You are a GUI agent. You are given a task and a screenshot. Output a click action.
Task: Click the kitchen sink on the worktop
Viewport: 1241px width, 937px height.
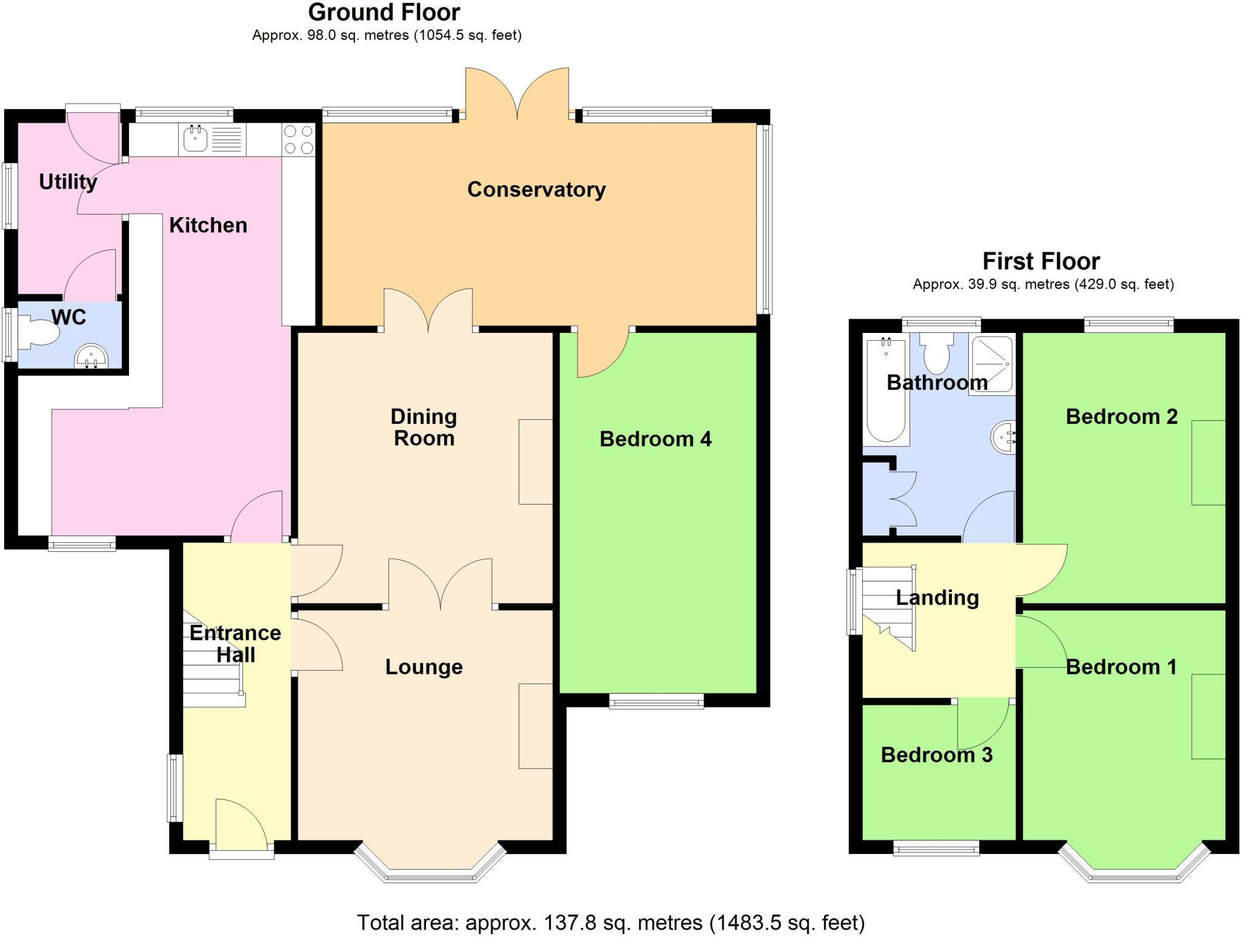[x=196, y=139]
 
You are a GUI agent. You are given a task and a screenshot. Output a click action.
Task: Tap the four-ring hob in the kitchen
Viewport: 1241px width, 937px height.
[x=299, y=139]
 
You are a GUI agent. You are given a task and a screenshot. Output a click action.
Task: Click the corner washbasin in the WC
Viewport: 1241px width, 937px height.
[x=91, y=357]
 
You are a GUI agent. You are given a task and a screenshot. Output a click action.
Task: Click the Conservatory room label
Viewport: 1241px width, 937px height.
[x=536, y=190]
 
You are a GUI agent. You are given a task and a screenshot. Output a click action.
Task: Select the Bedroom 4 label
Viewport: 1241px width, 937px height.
[x=655, y=439]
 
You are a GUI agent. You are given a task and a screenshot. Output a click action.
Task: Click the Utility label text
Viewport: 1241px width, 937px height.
[x=68, y=181]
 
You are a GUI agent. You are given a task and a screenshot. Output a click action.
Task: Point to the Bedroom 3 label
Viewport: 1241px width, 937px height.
[x=936, y=755]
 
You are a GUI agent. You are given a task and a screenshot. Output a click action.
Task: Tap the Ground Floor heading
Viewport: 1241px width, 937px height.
[x=384, y=12]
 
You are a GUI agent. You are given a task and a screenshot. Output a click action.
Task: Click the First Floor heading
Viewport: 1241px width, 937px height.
[x=1041, y=261]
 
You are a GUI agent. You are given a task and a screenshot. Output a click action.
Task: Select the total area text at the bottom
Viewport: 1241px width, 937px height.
[x=610, y=922]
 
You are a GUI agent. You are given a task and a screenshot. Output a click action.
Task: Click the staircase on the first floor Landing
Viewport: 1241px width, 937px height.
[x=887, y=606]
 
